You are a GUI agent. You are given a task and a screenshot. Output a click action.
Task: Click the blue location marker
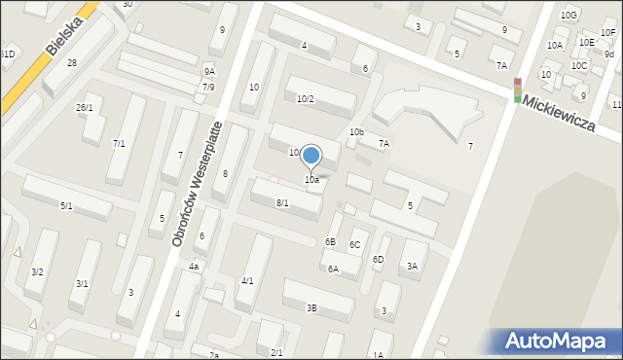pyautogui.click(x=311, y=156)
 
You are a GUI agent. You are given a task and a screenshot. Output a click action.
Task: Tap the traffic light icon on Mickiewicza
pyautogui.click(x=517, y=90)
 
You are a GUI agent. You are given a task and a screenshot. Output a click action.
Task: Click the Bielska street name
pyautogui.click(x=62, y=34)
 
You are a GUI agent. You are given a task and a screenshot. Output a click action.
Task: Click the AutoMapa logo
pyautogui.click(x=561, y=342)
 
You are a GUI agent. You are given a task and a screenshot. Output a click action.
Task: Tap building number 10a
pyautogui.click(x=311, y=179)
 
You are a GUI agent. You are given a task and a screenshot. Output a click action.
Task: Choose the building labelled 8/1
pyautogui.click(x=282, y=202)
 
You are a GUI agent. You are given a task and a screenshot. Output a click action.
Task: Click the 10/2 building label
pyautogui.click(x=306, y=98)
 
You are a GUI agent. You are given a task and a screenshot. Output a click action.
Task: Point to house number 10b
pyautogui.click(x=356, y=131)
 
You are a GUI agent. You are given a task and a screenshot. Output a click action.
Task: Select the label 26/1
pyautogui.click(x=85, y=107)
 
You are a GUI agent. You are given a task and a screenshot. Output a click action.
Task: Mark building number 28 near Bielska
pyautogui.click(x=72, y=63)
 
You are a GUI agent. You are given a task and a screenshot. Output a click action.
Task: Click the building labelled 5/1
pyautogui.click(x=66, y=205)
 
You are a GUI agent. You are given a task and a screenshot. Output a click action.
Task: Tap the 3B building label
pyautogui.click(x=311, y=307)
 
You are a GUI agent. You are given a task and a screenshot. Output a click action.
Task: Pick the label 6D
pyautogui.click(x=378, y=259)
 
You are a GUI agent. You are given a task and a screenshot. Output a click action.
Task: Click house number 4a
pyautogui.click(x=194, y=266)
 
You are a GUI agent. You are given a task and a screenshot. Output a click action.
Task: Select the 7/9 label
pyautogui.click(x=208, y=87)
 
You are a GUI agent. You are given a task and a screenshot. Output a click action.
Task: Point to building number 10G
pyautogui.click(x=568, y=15)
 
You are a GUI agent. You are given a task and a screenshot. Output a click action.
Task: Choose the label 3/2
pyautogui.click(x=37, y=271)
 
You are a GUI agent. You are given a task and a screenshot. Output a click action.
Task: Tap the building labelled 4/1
pyautogui.click(x=247, y=280)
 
